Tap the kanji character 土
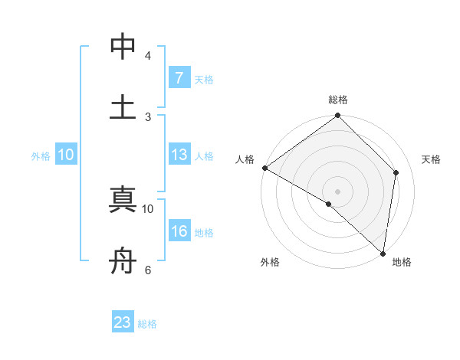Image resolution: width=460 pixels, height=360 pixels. pyautogui.click(x=123, y=106)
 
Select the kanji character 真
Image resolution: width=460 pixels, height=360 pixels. pyautogui.click(x=123, y=199)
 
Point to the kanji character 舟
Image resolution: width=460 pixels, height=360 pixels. pyautogui.click(x=123, y=260)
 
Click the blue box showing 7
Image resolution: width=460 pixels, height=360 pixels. pyautogui.click(x=179, y=77)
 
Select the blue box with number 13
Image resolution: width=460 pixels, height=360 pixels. pyautogui.click(x=179, y=155)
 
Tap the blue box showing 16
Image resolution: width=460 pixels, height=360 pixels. pyautogui.click(x=179, y=231)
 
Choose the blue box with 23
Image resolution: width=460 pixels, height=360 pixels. pyautogui.click(x=123, y=322)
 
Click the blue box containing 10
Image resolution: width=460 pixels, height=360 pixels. pyautogui.click(x=65, y=155)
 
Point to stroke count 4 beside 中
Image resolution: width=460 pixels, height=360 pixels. pyautogui.click(x=148, y=55)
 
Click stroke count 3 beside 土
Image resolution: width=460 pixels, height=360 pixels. pyautogui.click(x=148, y=116)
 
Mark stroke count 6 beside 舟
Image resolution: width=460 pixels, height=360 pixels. pyautogui.click(x=148, y=270)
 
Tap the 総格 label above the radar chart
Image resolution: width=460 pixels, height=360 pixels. pyautogui.click(x=338, y=100)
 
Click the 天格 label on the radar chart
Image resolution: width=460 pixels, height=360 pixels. pyautogui.click(x=431, y=159)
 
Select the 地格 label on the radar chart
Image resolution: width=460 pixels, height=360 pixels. pyautogui.click(x=402, y=263)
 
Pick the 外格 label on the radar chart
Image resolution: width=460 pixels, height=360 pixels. pyautogui.click(x=270, y=263)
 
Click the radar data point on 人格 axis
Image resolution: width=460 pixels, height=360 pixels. pyautogui.click(x=264, y=168)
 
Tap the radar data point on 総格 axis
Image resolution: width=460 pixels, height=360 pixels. pyautogui.click(x=338, y=116)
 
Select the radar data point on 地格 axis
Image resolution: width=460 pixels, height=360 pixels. pyautogui.click(x=383, y=253)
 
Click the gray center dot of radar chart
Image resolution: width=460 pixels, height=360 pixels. pyautogui.click(x=338, y=191)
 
